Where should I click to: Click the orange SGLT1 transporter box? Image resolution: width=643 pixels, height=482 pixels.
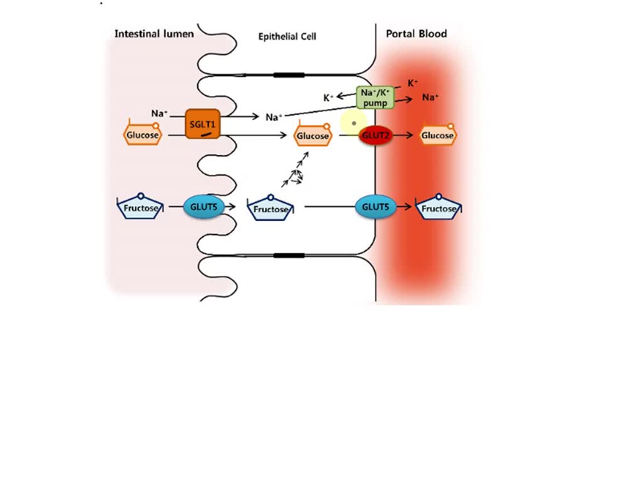pos(203,124)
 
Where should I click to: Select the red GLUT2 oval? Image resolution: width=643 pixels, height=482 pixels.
pos(375,136)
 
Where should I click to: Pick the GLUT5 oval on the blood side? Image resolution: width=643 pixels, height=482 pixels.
pos(376,206)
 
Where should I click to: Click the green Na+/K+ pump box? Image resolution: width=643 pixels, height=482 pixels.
pos(375,97)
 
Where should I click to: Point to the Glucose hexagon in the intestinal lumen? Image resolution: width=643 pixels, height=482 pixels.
pos(142,135)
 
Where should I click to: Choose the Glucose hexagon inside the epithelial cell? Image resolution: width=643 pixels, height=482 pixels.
pos(313,136)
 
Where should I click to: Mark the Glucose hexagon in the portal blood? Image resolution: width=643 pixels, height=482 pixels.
pos(438,136)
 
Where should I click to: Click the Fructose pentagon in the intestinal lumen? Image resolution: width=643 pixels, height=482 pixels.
pos(141,208)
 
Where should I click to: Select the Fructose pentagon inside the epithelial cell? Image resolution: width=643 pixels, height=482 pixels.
pos(271,209)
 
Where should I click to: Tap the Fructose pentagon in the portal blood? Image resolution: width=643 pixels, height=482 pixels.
pos(439,208)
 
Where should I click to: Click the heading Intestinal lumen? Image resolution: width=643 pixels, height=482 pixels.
pos(154,34)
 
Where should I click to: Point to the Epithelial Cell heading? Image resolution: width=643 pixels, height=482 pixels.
pos(287,37)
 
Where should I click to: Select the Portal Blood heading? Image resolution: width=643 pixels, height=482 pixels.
pos(416,34)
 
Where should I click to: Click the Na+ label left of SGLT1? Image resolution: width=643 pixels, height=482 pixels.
pos(159,114)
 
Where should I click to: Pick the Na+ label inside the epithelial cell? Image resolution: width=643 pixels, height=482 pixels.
pos(274,117)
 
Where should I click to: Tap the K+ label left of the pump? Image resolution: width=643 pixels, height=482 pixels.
pos(328,98)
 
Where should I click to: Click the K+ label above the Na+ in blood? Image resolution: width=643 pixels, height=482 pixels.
pos(413,83)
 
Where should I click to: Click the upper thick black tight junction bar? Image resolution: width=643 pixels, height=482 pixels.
pos(289,75)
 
